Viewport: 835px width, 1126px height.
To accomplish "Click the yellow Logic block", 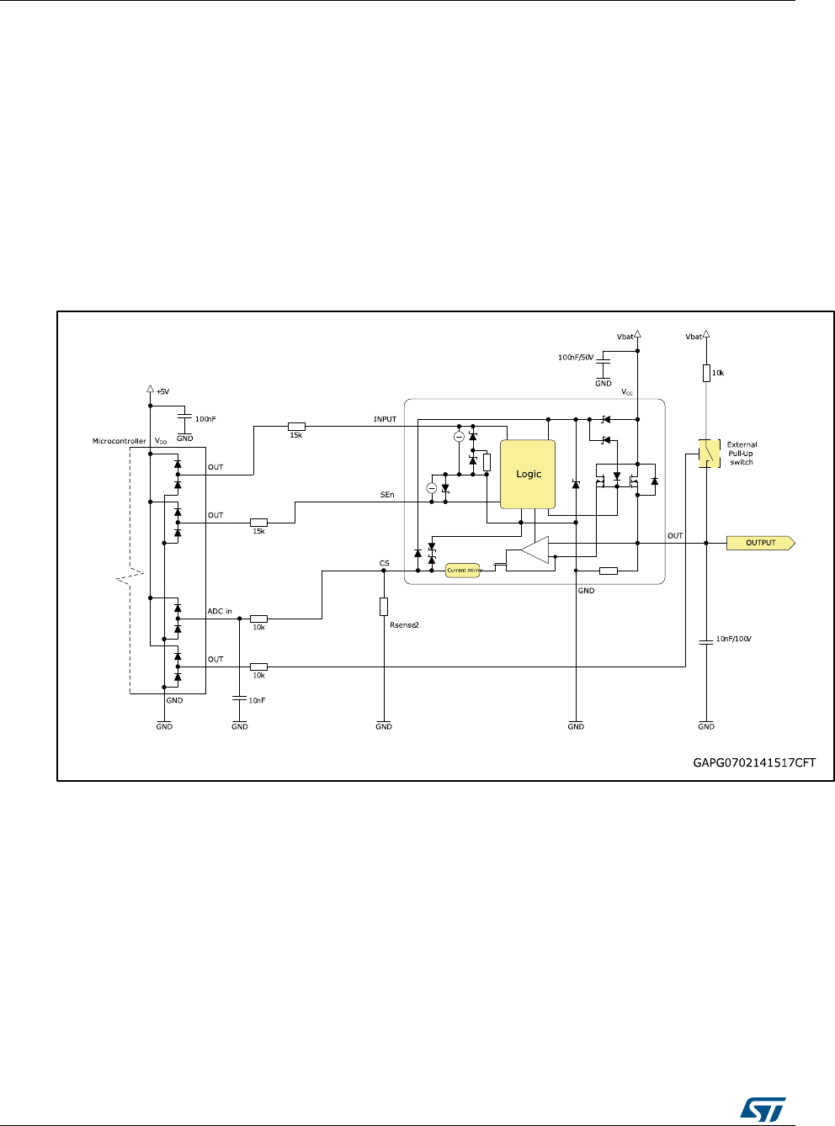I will point(528,474).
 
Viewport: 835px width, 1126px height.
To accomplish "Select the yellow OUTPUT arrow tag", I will point(761,543).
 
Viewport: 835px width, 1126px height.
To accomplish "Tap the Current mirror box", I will point(462,570).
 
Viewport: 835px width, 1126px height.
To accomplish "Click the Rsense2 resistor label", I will point(404,625).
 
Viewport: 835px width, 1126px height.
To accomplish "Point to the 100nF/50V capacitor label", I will point(576,358).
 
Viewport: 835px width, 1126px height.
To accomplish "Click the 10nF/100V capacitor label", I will point(733,640).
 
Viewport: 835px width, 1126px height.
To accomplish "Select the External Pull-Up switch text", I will point(742,453).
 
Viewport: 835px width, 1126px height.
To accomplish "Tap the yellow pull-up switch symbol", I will point(709,453).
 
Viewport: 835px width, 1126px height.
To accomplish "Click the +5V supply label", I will point(162,391).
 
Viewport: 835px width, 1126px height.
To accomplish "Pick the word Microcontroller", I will point(119,441).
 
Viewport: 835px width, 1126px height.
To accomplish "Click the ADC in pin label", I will point(220,611).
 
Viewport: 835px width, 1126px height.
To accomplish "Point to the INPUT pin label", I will point(385,419).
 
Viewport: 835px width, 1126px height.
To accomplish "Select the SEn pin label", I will point(387,495).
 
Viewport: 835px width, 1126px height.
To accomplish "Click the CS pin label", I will point(384,563).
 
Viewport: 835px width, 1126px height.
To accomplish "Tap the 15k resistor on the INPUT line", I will point(296,427).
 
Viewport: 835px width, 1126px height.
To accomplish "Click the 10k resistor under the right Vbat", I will point(706,372).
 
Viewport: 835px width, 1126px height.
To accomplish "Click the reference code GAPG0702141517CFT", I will point(754,763).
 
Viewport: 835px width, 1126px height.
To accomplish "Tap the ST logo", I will point(763,1107).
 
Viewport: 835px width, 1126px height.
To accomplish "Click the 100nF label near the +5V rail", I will point(205,419).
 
